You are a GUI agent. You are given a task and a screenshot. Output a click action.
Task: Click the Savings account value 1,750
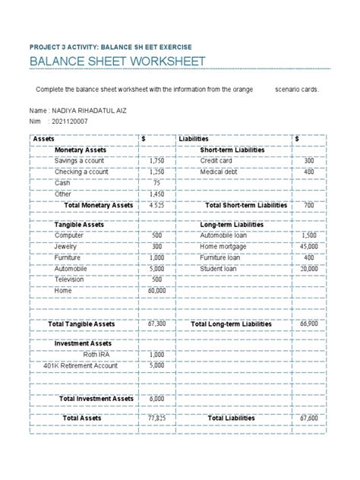point(156,161)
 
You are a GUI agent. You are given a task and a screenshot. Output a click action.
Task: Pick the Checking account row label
point(81,172)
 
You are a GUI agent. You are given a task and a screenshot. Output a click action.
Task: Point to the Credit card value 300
point(308,161)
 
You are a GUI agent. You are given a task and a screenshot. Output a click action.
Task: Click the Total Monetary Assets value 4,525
point(156,205)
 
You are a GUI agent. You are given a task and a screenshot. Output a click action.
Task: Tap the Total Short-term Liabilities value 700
point(308,205)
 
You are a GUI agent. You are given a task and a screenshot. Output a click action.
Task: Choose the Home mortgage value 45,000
point(308,247)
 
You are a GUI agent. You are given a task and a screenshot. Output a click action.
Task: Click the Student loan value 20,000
point(308,268)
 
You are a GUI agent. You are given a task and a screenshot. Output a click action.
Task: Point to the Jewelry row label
point(66,247)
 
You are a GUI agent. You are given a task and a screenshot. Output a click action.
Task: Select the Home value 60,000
point(156,290)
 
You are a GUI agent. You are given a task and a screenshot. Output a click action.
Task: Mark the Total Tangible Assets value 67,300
point(156,324)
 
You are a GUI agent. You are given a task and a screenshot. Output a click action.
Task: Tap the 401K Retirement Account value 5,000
point(156,365)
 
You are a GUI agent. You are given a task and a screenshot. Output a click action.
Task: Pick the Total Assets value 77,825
point(156,418)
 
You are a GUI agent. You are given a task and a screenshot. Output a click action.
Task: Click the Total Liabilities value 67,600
point(308,418)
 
